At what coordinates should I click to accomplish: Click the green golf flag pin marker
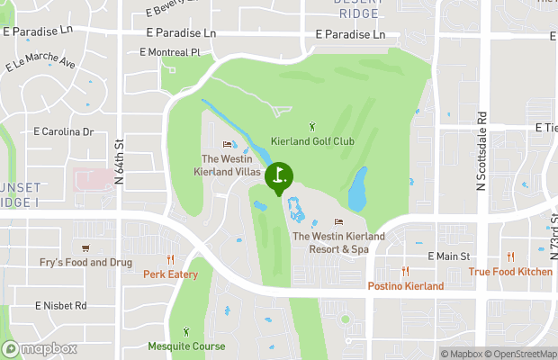(279, 176)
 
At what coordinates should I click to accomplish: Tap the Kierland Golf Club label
(312, 141)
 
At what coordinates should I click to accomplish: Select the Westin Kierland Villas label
(230, 165)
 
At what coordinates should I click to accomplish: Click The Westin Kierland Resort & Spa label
(338, 242)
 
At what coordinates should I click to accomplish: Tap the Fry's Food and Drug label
(85, 263)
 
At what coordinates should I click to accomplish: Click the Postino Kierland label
(405, 286)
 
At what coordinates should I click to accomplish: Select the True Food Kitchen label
(510, 272)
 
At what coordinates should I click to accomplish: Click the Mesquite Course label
(185, 346)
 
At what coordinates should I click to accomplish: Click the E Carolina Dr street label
(64, 131)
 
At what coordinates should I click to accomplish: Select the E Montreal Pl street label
(169, 52)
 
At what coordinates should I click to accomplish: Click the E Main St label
(449, 256)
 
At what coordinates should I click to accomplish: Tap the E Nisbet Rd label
(61, 306)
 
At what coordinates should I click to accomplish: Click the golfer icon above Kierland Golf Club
(312, 126)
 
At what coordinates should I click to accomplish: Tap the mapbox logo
(40, 349)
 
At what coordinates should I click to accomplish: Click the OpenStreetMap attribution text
(523, 354)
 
